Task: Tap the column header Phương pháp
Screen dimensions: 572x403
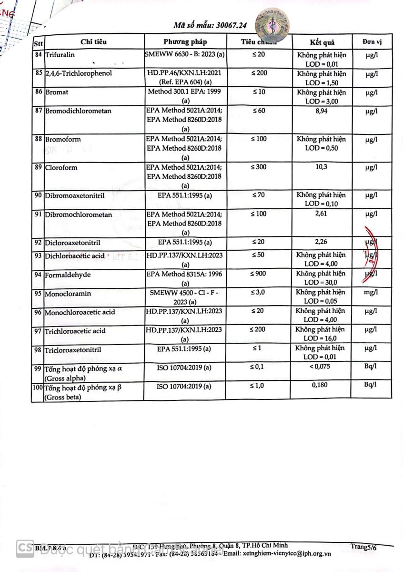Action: coord(185,41)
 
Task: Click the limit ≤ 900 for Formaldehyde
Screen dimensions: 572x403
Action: coord(258,274)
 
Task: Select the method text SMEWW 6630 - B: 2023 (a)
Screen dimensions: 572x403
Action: coord(185,55)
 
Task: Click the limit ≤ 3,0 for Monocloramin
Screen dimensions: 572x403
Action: coord(258,292)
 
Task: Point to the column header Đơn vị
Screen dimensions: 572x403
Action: coord(370,41)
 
